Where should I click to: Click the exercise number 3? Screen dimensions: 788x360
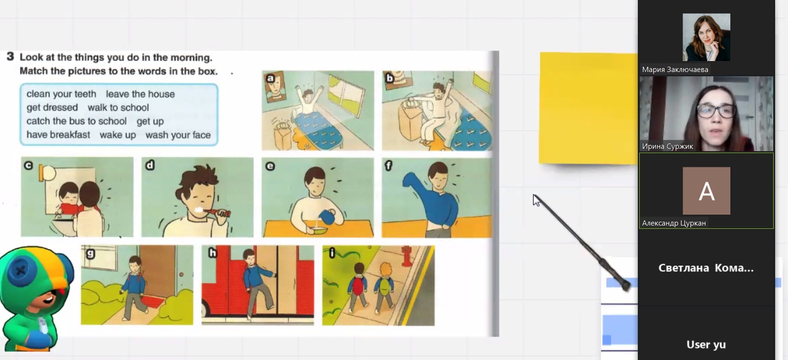10,57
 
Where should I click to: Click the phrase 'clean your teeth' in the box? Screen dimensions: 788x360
61,94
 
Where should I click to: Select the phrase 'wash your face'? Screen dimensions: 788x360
178,135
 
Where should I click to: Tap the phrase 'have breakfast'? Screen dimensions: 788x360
58,135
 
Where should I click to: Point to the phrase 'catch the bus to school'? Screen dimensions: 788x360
76,121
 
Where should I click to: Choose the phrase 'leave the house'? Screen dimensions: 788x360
140,94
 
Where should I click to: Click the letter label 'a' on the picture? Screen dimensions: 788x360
270,78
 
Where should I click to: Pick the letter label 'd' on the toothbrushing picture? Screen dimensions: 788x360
150,165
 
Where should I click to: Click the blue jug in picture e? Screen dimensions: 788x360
328,216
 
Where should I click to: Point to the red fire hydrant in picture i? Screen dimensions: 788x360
407,256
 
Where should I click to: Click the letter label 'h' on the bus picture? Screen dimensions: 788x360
213,253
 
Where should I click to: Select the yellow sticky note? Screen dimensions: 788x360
589,108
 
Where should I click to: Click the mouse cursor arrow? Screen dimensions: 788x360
536,200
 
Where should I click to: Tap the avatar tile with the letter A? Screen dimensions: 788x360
706,191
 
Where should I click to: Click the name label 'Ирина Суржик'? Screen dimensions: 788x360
667,146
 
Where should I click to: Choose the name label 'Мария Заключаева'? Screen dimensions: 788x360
675,70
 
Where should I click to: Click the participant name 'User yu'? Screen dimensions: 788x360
706,344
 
